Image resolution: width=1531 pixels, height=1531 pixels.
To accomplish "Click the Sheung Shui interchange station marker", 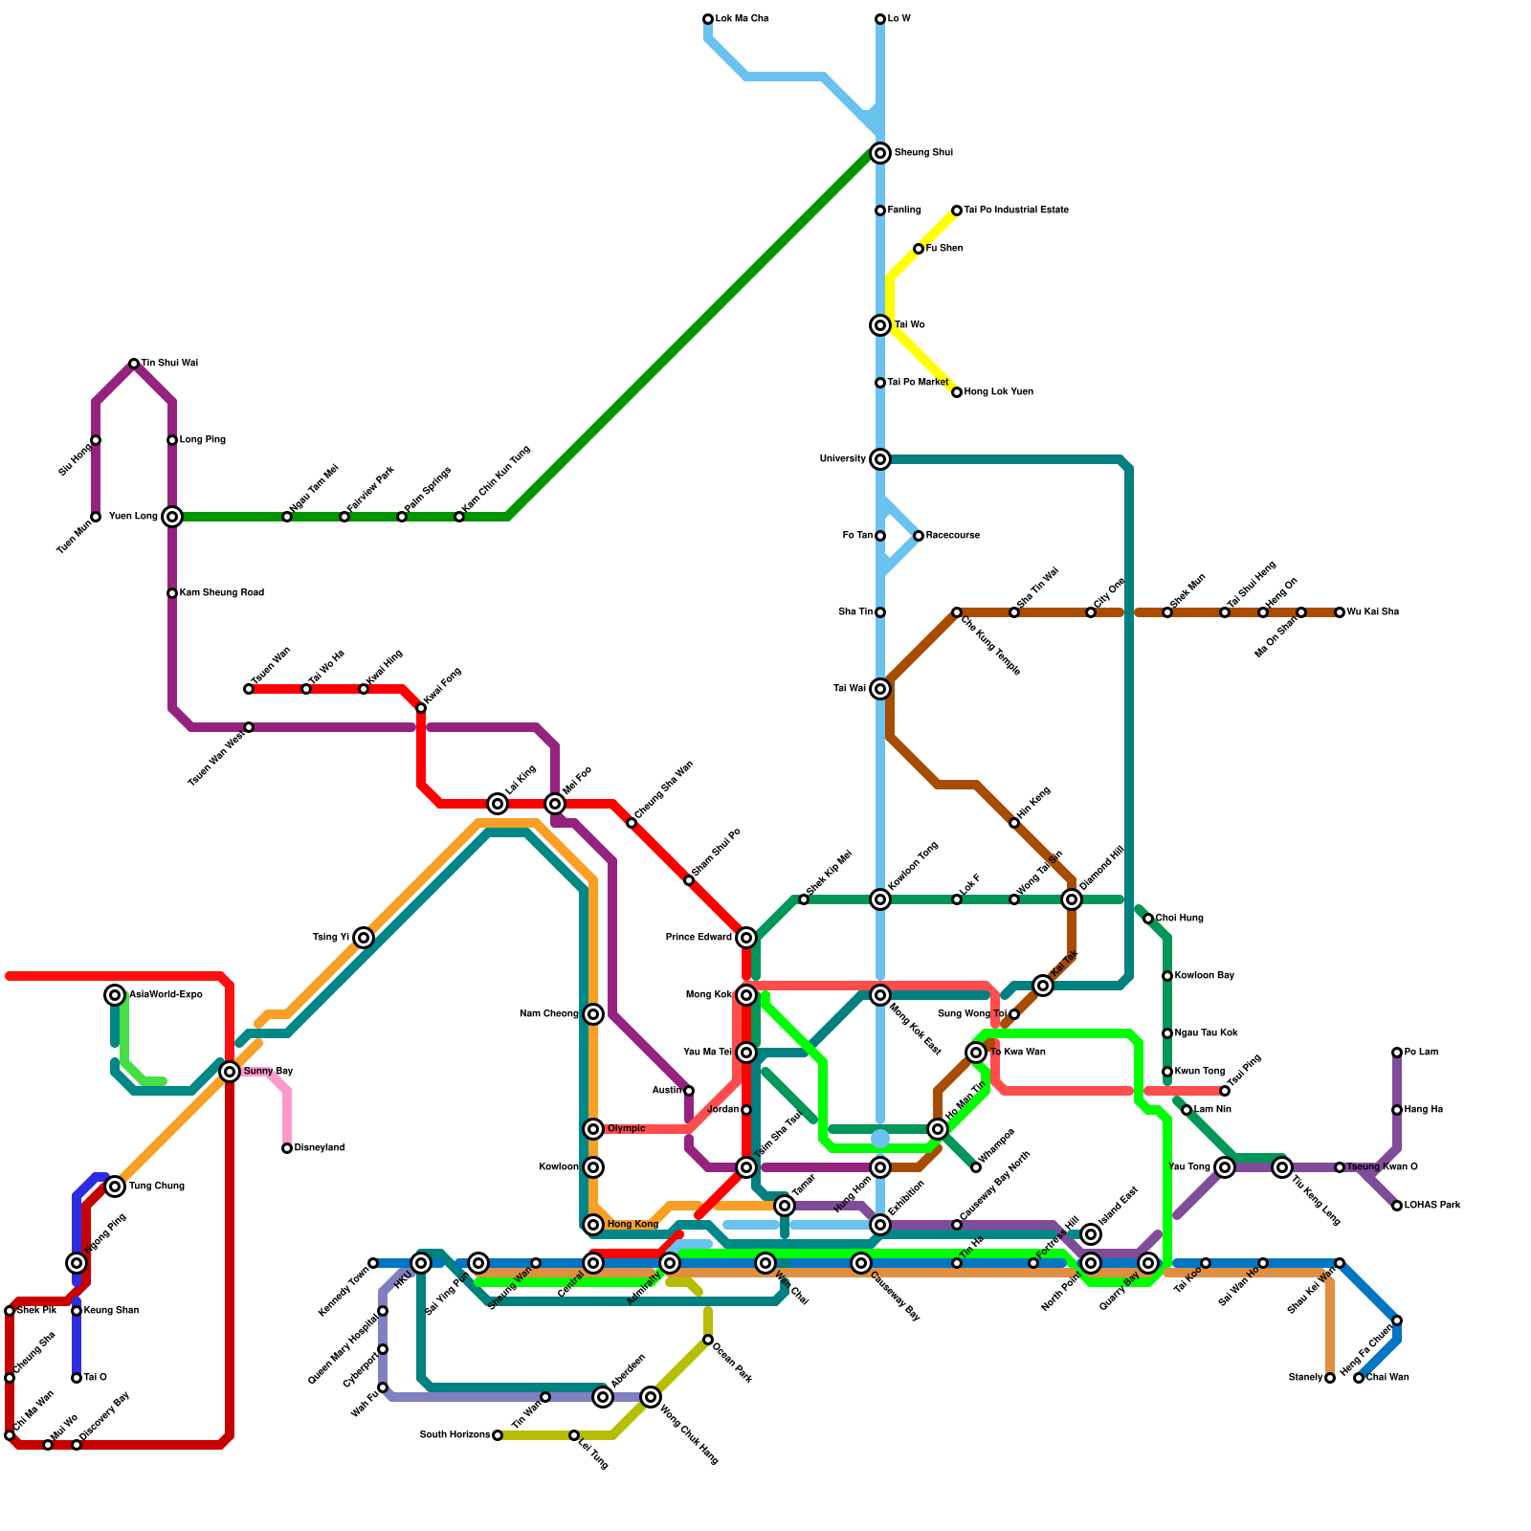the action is pyautogui.click(x=880, y=153).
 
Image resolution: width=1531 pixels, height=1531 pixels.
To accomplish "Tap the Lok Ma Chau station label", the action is pyautogui.click(x=742, y=19).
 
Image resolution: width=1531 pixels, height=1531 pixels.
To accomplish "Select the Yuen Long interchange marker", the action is pyautogui.click(x=172, y=517).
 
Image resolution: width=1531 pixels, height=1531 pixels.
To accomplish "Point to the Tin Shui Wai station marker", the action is pyautogui.click(x=134, y=364).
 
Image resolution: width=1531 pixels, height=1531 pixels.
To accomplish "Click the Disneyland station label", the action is pyautogui.click(x=319, y=1148).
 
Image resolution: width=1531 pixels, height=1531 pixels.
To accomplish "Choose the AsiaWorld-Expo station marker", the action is pyautogui.click(x=115, y=995).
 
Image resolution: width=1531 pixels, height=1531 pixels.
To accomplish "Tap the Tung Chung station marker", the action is pyautogui.click(x=115, y=1187).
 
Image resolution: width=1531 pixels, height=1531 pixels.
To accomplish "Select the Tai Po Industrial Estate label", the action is pyautogui.click(x=1015, y=211).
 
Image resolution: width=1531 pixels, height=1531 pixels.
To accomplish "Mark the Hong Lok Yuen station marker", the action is pyautogui.click(x=957, y=392).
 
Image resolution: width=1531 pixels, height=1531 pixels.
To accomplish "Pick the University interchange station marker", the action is pyautogui.click(x=880, y=459).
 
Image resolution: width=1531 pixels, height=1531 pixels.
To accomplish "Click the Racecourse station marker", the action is pyautogui.click(x=919, y=536).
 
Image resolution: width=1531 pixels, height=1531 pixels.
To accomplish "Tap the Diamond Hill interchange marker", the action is pyautogui.click(x=1072, y=899).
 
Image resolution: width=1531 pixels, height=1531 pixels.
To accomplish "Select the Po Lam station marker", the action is pyautogui.click(x=1397, y=1053).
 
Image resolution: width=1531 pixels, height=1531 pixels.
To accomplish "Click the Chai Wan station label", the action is pyautogui.click(x=1387, y=1378).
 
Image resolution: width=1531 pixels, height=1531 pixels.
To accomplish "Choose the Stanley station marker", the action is pyautogui.click(x=1330, y=1378).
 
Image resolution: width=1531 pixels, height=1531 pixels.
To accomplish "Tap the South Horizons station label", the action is pyautogui.click(x=455, y=1435).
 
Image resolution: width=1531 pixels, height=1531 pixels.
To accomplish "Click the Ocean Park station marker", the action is pyautogui.click(x=708, y=1340).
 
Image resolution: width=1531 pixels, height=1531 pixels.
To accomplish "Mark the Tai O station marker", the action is pyautogui.click(x=77, y=1378).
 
